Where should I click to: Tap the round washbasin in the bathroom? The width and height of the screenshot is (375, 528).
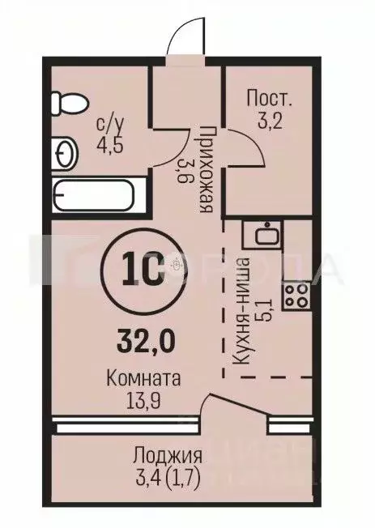[64, 151]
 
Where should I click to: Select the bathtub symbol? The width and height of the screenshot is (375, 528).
[97, 194]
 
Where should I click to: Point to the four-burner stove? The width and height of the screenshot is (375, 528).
[296, 296]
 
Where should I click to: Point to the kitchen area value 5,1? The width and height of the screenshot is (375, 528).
[261, 307]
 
